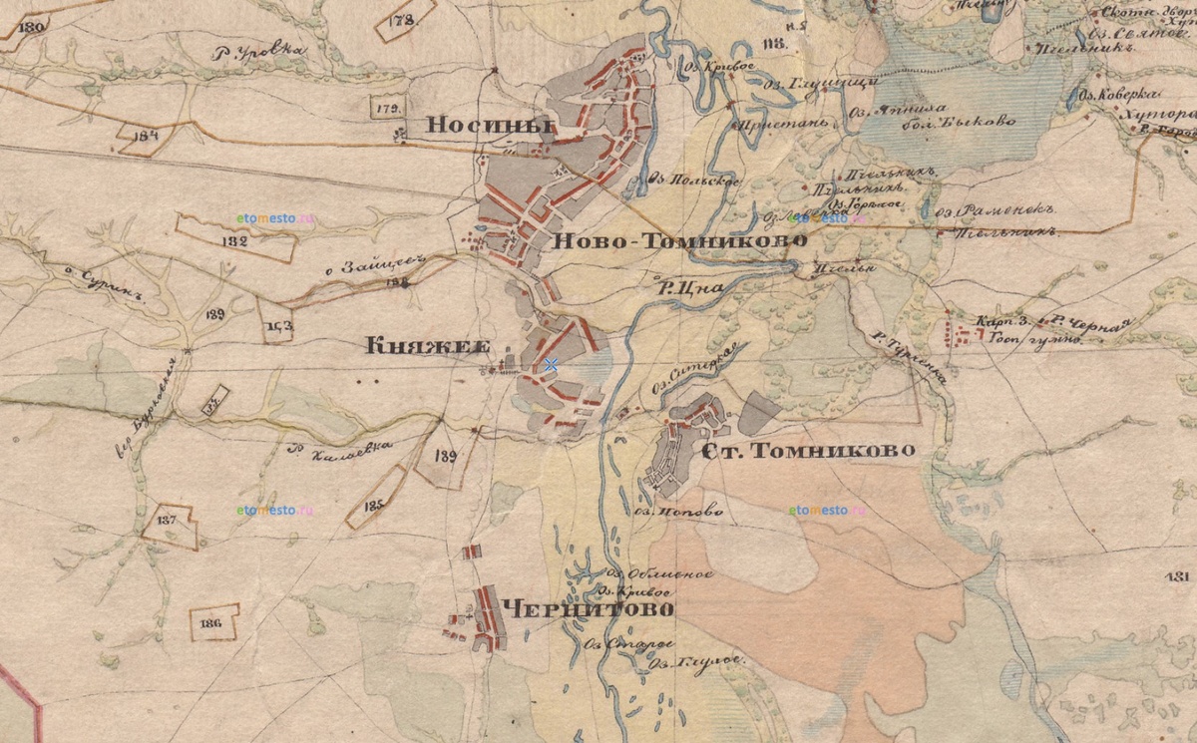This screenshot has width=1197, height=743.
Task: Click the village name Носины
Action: [x=490, y=125]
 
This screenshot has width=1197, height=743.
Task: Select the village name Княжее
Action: [x=428, y=346]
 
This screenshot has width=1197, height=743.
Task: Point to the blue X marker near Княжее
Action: [x=551, y=366]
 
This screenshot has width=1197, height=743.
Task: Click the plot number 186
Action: [x=209, y=623]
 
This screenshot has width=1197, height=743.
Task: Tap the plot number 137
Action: [x=167, y=521]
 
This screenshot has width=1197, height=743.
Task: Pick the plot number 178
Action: [x=403, y=19]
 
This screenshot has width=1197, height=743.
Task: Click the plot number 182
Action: [x=236, y=240]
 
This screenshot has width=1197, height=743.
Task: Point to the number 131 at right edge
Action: [x=1177, y=577]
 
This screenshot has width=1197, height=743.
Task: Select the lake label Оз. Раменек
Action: [x=997, y=210]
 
